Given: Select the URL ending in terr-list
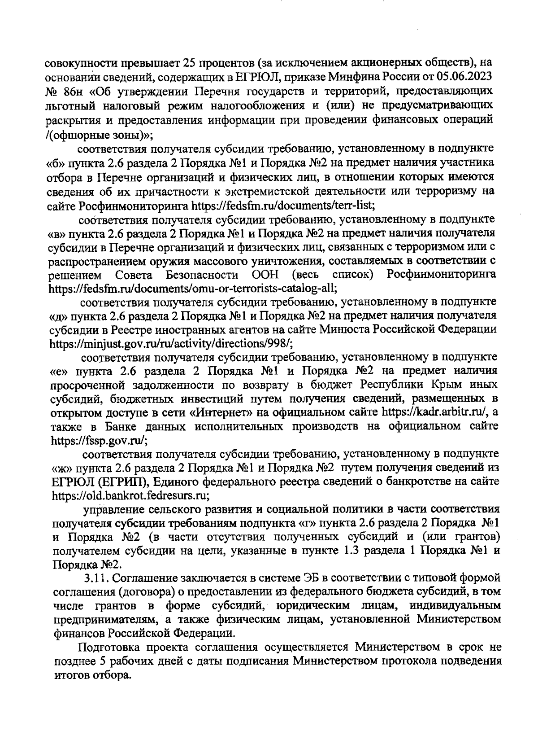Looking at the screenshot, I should coord(283,206).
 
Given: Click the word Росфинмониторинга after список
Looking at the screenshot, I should coord(441,274).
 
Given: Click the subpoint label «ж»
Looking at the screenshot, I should coord(58,468).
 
